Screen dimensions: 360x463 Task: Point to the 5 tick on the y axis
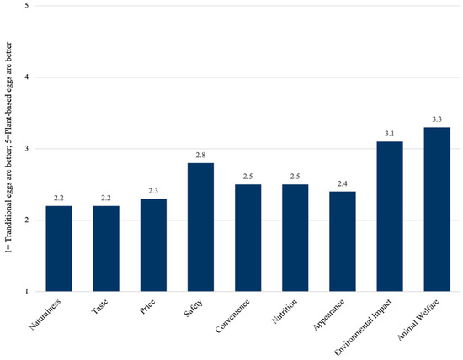click(x=29, y=7)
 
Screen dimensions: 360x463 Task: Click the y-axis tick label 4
click(x=29, y=78)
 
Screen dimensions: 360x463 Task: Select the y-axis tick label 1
click(x=29, y=292)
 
